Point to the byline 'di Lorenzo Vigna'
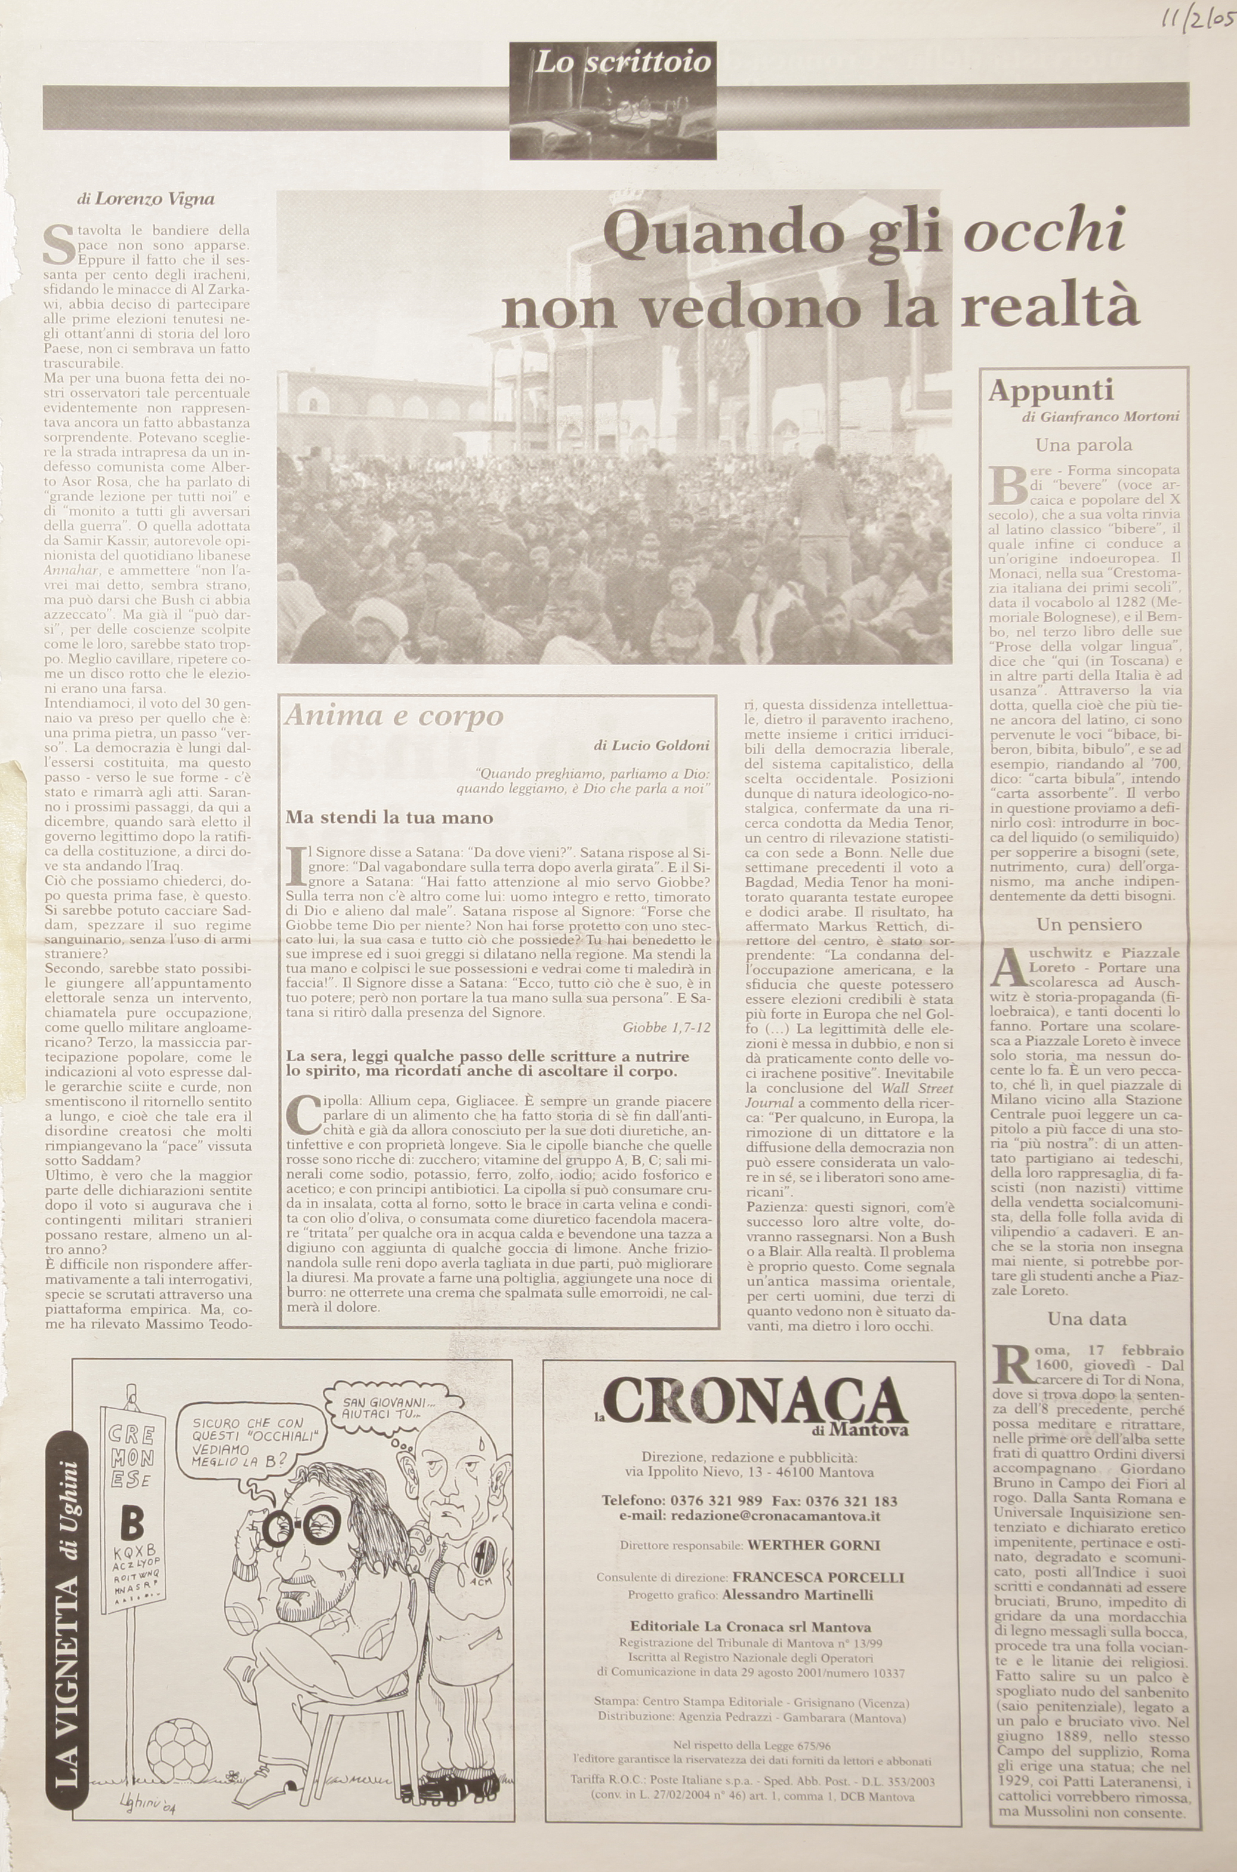[146, 199]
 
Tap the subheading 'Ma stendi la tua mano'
[389, 817]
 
